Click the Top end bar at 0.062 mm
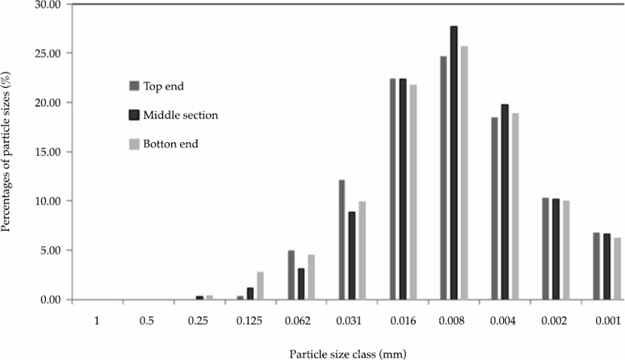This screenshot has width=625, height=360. [x=291, y=275]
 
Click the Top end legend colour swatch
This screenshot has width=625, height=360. [x=134, y=86]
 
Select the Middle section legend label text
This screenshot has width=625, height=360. [x=181, y=115]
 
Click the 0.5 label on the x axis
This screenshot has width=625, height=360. [x=147, y=320]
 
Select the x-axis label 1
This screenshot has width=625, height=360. [x=96, y=320]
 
